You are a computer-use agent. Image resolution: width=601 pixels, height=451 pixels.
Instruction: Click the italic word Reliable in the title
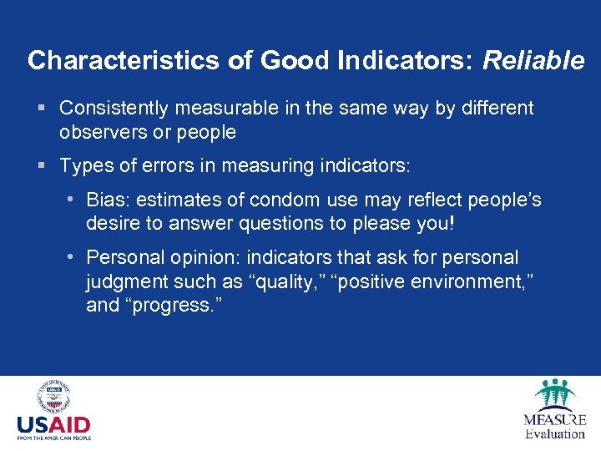[x=533, y=61]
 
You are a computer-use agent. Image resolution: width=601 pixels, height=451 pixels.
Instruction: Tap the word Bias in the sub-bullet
[x=106, y=200]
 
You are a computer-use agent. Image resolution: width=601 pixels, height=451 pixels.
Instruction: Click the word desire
[x=111, y=223]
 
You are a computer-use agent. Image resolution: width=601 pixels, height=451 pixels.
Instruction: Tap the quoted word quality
[x=283, y=281]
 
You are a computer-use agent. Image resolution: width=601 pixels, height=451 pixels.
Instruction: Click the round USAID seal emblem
[x=53, y=398]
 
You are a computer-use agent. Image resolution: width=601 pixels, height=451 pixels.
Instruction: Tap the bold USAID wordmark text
[x=53, y=424]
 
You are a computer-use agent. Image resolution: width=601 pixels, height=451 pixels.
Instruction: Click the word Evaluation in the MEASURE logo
[x=555, y=433]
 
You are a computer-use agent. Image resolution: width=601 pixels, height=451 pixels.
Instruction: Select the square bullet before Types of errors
[x=42, y=166]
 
